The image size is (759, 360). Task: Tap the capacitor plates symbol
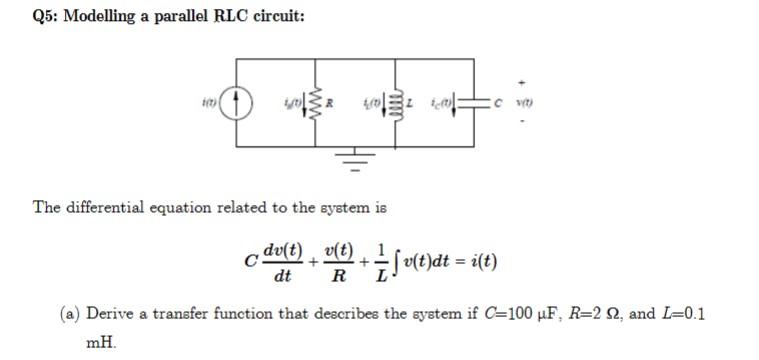(474, 101)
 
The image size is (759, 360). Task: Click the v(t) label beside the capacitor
(522, 101)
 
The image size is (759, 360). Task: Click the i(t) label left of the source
(204, 101)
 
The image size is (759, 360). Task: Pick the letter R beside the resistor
(330, 101)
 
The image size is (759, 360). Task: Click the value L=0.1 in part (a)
(681, 314)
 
